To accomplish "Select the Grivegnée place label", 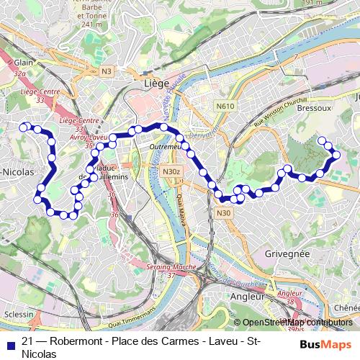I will pos(287,253).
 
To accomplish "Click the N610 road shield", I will pos(225,106).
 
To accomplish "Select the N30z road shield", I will pos(171,171).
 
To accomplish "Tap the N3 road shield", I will pos(107,71).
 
